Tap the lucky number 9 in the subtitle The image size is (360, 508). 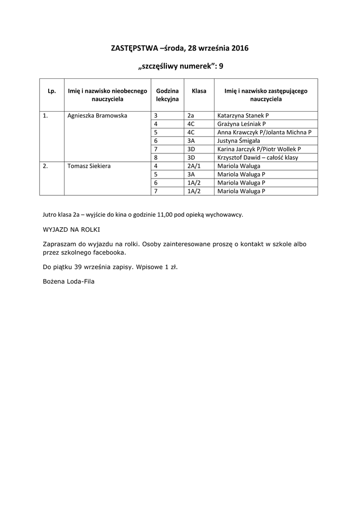pyautogui.click(x=221, y=65)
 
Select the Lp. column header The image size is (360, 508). pyautogui.click(x=52, y=91)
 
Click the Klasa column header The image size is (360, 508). pyautogui.click(x=199, y=91)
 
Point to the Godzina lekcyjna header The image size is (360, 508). pyautogui.click(x=167, y=95)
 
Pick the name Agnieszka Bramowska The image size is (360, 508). pyautogui.click(x=97, y=116)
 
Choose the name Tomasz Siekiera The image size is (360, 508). pyautogui.click(x=89, y=166)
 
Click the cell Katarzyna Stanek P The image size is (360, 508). pyautogui.click(x=243, y=116)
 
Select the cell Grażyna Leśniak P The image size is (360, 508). pyautogui.click(x=242, y=124)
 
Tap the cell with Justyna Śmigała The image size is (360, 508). pyautogui.click(x=238, y=141)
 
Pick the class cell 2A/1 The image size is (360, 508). pyautogui.click(x=193, y=166)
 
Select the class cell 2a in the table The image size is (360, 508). pyautogui.click(x=191, y=116)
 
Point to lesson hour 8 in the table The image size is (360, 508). pyautogui.click(x=156, y=158)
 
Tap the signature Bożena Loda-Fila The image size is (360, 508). pyautogui.click(x=69, y=281)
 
